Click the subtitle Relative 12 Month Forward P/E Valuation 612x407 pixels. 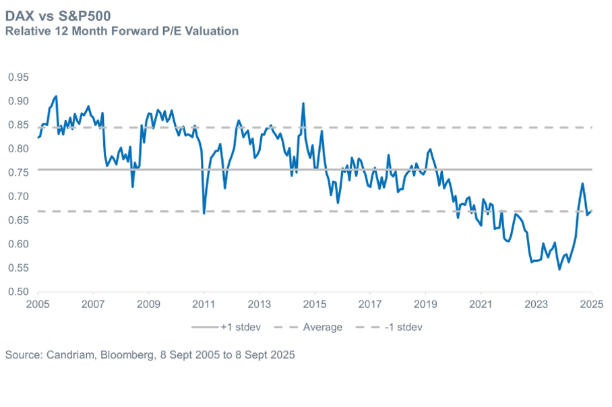point(121,31)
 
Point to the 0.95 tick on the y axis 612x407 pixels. point(18,77)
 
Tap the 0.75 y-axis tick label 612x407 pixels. point(18,173)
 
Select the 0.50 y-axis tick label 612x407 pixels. point(18,292)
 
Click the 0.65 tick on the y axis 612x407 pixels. point(18,220)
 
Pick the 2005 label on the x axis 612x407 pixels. point(38,305)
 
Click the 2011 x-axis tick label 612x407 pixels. point(204,305)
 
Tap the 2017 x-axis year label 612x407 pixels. point(369,305)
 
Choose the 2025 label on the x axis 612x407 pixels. point(591,305)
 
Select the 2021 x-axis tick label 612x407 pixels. point(481,305)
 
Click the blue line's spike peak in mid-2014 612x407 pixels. point(303,103)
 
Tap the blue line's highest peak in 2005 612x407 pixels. point(56,96)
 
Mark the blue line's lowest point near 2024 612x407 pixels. point(559,270)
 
